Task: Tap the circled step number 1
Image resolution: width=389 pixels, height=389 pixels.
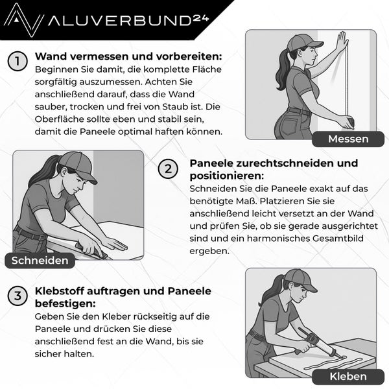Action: point(18,62)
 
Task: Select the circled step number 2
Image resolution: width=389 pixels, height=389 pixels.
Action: point(168,170)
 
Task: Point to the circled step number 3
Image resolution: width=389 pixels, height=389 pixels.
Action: point(18,296)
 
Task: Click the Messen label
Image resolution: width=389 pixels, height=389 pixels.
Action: point(348,139)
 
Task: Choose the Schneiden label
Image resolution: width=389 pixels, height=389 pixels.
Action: point(40,261)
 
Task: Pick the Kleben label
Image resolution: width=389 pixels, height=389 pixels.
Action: point(348,376)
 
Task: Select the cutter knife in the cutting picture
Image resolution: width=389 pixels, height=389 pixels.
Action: point(91,249)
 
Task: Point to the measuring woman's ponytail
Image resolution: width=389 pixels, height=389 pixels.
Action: point(281,68)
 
